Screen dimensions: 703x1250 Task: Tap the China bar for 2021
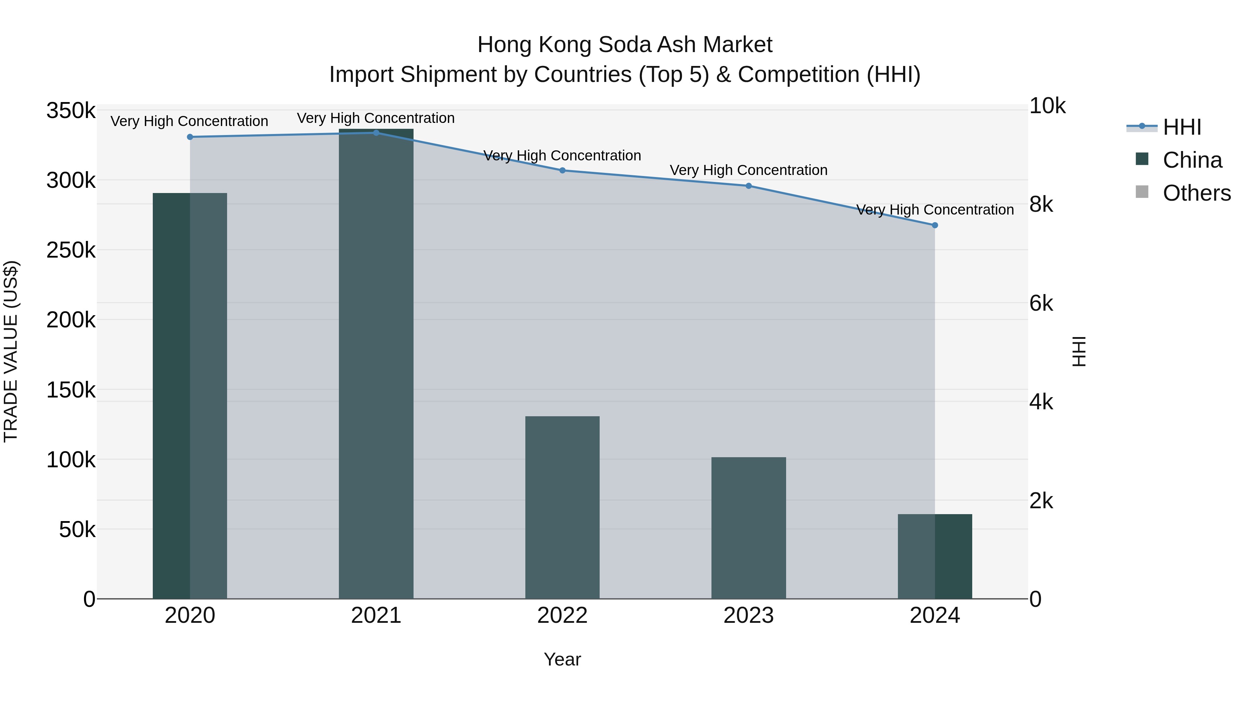pyautogui.click(x=376, y=364)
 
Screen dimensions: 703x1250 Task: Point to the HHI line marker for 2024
pyautogui.click(x=935, y=225)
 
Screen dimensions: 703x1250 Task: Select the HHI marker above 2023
pyautogui.click(x=748, y=186)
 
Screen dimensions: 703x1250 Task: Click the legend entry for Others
pyautogui.click(x=1196, y=193)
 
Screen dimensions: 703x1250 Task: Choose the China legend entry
pyautogui.click(x=1192, y=160)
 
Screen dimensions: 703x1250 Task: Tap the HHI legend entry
pyautogui.click(x=1182, y=127)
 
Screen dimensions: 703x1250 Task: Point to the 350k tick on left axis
pyautogui.click(x=71, y=111)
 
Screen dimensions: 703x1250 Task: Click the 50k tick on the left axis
pyautogui.click(x=77, y=530)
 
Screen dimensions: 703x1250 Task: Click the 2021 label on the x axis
pyautogui.click(x=376, y=616)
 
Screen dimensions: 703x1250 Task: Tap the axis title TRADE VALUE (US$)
pyautogui.click(x=11, y=351)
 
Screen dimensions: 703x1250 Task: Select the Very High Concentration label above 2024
pyautogui.click(x=935, y=210)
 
